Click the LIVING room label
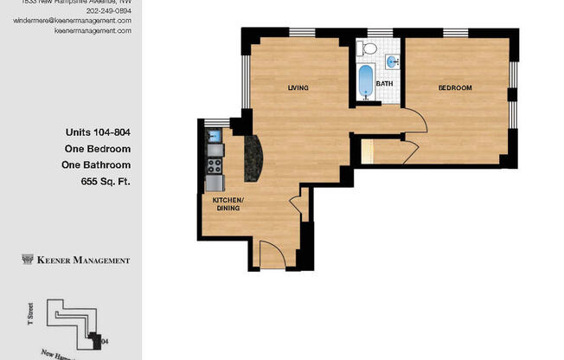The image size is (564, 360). pyautogui.click(x=298, y=88)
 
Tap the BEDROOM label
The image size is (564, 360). pyautogui.click(x=454, y=88)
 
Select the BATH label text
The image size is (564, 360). pyautogui.click(x=384, y=84)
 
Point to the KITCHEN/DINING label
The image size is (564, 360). pyautogui.click(x=228, y=204)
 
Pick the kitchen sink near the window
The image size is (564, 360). pyautogui.click(x=214, y=136)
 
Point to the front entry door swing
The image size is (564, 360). pyautogui.click(x=273, y=254)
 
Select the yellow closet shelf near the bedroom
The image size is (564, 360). pyautogui.click(x=367, y=151)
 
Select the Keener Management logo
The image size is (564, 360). pyautogui.click(x=75, y=260)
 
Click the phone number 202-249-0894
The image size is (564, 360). pyautogui.click(x=108, y=10)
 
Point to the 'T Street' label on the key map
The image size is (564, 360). pyautogui.click(x=29, y=318)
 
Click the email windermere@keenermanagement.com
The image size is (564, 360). pyautogui.click(x=72, y=20)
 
